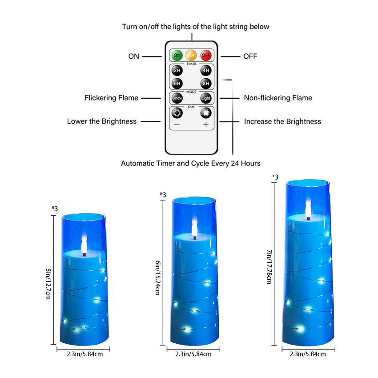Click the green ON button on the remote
[177, 56]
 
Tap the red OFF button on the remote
[205, 56]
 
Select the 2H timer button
[177, 70]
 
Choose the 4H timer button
[205, 70]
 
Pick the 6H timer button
[177, 83]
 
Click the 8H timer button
[205, 83]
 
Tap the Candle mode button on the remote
[177, 98]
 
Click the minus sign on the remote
[177, 125]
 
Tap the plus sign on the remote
[205, 125]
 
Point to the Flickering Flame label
[111, 98]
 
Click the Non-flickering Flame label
[278, 98]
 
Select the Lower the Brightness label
[102, 121]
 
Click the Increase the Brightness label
[282, 121]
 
